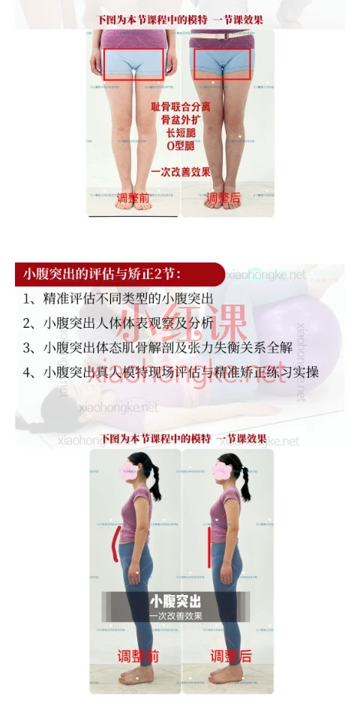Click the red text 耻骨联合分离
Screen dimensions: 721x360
180,107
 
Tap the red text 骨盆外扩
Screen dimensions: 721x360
180,119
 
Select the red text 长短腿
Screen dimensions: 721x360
180,132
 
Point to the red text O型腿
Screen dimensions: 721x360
180,145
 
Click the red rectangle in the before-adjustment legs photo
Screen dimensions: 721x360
133,64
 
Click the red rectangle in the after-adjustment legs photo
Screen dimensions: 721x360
223,64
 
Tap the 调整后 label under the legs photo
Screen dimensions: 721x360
223,199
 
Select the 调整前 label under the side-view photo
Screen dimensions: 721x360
138,656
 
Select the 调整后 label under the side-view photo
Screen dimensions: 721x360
230,656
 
